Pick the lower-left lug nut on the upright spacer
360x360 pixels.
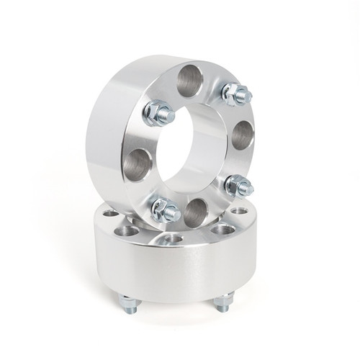(x=166, y=210)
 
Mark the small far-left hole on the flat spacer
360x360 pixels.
(x=109, y=214)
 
